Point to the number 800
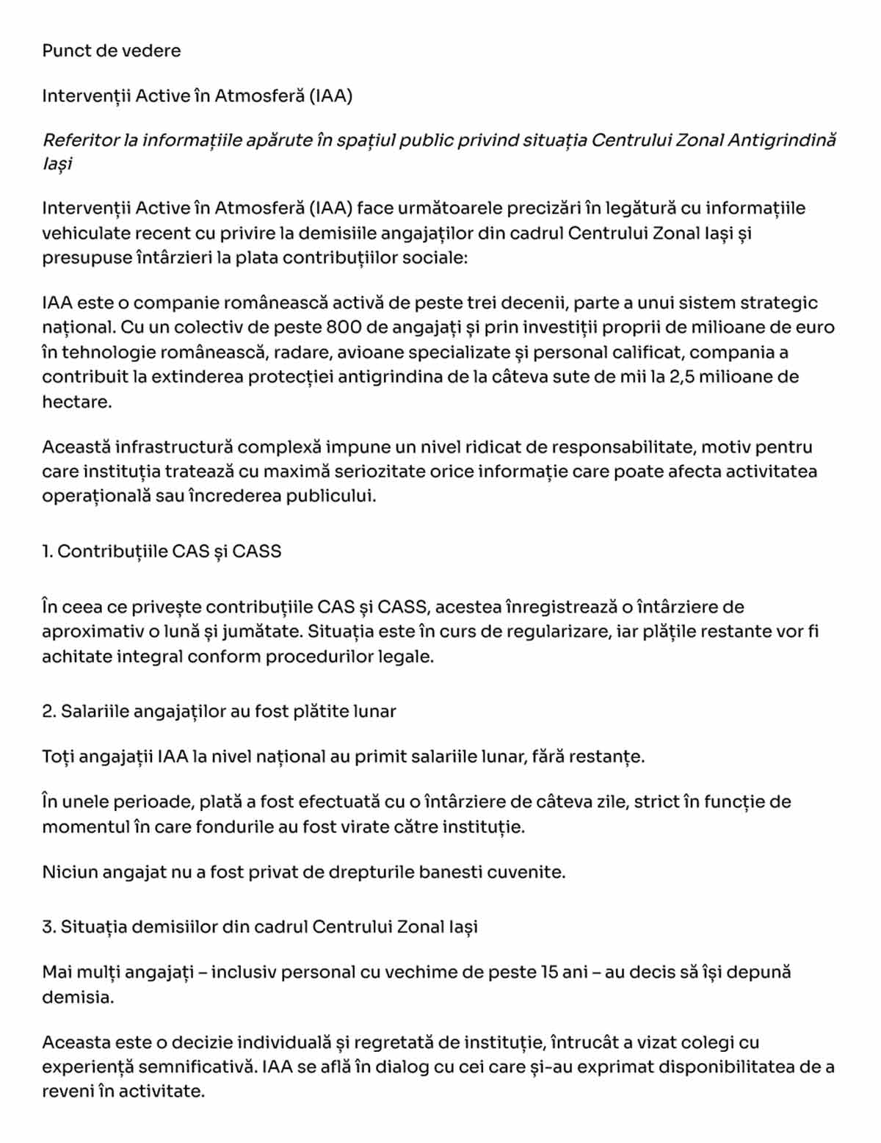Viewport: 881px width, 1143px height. pos(344,327)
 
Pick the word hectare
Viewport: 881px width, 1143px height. pos(76,402)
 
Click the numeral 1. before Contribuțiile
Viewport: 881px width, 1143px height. pos(47,551)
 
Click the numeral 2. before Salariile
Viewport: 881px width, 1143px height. pos(48,711)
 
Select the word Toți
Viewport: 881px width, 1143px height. pos(58,757)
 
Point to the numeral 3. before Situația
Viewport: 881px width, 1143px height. pos(48,926)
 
